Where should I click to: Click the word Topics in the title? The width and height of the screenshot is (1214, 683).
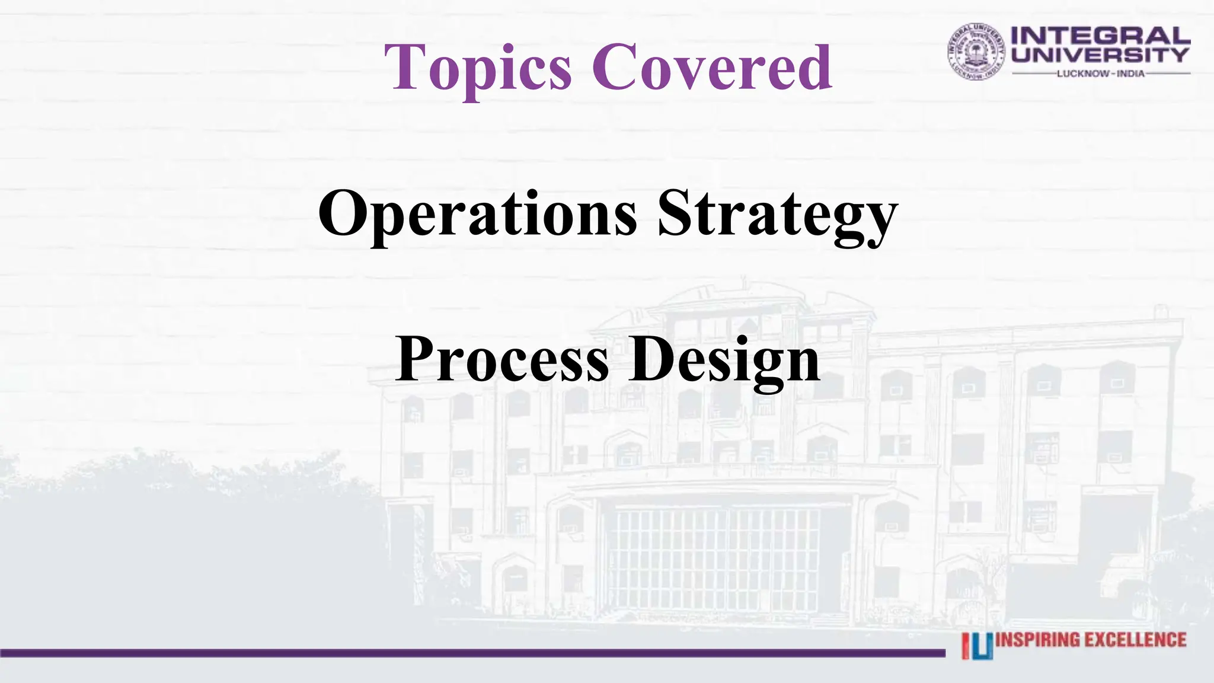[478, 68]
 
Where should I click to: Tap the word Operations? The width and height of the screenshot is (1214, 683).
[477, 214]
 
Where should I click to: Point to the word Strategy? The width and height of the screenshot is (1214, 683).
[778, 214]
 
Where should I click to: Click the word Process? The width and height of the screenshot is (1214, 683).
[502, 359]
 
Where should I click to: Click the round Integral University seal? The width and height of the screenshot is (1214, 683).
[976, 52]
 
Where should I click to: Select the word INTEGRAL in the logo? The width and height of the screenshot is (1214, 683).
[1101, 36]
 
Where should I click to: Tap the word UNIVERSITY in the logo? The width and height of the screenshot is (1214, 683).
[1101, 55]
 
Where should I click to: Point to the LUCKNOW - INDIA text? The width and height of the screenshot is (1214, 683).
[1101, 74]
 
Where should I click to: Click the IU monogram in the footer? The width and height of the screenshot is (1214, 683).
[977, 646]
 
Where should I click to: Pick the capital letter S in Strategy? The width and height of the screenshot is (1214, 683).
[676, 213]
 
